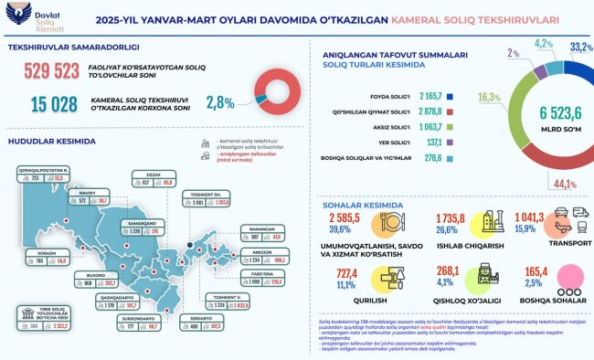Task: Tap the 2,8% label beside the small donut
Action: [x=219, y=102]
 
